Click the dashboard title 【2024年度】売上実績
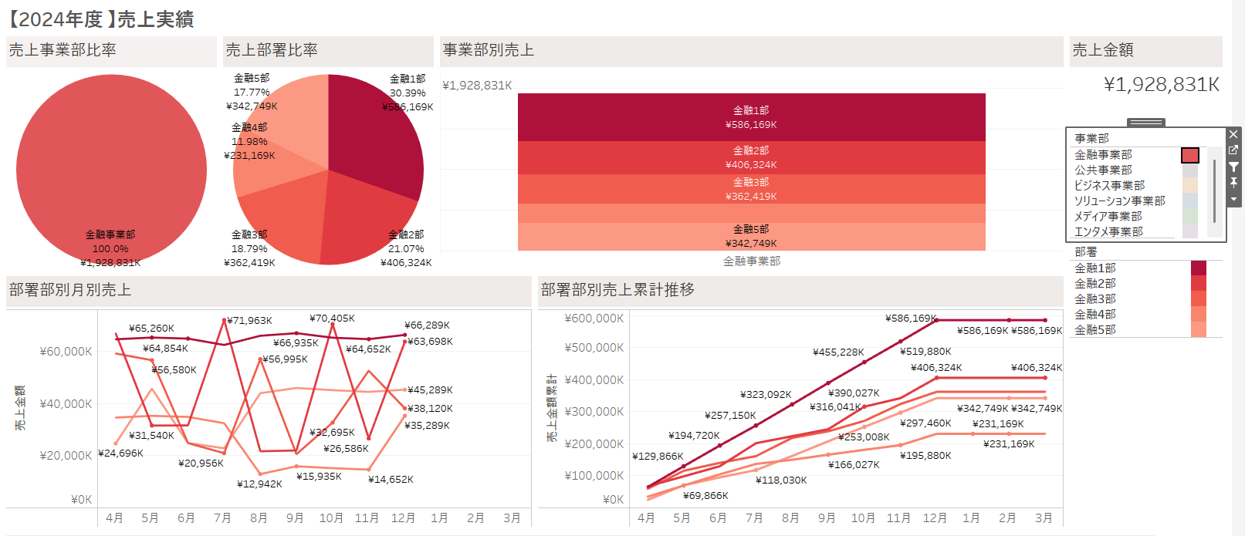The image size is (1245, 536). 100,19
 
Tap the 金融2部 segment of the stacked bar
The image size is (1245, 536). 751,157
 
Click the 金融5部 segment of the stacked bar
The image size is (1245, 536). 751,236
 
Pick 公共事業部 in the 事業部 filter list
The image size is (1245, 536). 1103,170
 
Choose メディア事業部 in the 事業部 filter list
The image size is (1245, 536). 1108,216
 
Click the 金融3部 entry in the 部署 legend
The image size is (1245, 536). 1094,298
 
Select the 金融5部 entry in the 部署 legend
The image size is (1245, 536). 1094,329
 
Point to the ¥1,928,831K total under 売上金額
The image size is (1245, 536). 1161,84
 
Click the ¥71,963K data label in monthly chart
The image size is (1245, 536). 249,320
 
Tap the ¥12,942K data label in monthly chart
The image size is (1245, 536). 259,484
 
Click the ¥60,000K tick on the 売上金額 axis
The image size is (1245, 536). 66,352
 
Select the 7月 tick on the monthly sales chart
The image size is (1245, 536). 222,517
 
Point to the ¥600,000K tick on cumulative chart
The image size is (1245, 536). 594,319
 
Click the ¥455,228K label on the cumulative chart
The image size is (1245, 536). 838,352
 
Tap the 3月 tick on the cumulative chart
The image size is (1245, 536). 1044,517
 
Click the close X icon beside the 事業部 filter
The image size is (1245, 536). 1233,134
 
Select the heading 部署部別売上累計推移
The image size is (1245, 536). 617,290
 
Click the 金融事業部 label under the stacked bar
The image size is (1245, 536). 751,261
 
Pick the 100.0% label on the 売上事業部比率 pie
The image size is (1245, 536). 110,248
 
